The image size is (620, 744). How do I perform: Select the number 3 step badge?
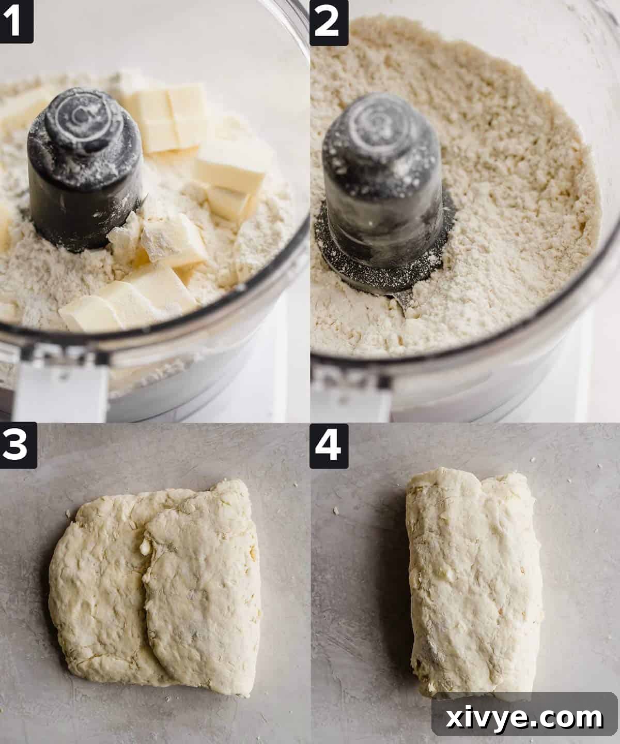click(x=18, y=445)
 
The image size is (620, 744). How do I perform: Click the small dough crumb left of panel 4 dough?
click(x=334, y=511)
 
